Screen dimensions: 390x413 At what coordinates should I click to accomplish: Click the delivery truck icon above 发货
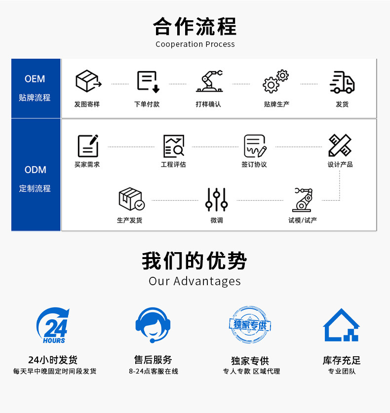click(342, 82)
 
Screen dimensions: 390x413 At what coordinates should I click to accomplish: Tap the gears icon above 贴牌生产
click(275, 82)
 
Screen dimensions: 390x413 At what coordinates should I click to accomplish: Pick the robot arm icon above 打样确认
click(209, 81)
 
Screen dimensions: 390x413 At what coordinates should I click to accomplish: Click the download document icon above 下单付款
click(148, 82)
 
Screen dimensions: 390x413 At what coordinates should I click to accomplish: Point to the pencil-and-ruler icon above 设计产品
click(340, 146)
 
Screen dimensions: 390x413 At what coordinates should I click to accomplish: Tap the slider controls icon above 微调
click(216, 199)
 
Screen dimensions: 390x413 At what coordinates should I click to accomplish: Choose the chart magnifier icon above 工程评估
click(174, 146)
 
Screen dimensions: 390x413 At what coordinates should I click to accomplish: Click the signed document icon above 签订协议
click(255, 146)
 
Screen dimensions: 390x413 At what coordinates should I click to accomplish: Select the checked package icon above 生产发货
click(131, 199)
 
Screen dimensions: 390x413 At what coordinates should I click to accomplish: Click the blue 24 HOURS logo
click(53, 326)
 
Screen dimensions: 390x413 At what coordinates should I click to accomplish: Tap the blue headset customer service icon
click(153, 325)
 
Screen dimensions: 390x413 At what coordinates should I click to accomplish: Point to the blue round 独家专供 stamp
click(250, 325)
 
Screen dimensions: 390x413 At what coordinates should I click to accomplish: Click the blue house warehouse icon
click(341, 325)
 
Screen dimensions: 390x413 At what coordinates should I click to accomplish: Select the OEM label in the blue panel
click(35, 79)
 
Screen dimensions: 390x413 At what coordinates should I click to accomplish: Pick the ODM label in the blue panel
click(35, 170)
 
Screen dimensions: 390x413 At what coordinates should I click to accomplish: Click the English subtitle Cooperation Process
click(195, 44)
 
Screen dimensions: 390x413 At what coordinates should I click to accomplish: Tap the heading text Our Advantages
click(195, 281)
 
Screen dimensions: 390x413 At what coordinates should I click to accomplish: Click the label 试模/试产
click(303, 220)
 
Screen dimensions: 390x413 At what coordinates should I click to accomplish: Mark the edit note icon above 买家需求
click(88, 146)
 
